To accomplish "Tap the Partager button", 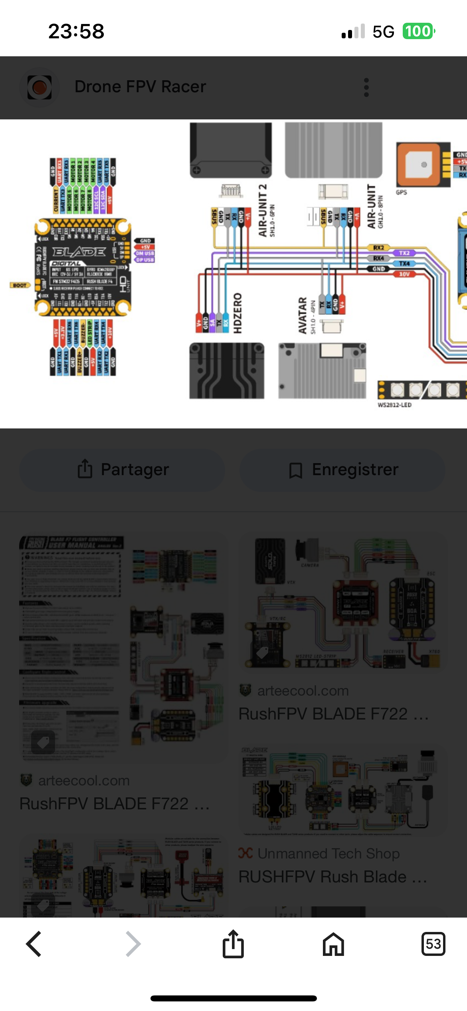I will (x=123, y=470).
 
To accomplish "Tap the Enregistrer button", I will (x=342, y=470).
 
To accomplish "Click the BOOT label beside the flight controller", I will (x=20, y=285).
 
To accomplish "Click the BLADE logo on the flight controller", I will (x=79, y=252).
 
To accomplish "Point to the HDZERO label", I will (x=237, y=313).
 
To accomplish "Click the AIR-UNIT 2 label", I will (x=262, y=210).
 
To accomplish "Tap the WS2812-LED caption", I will (x=394, y=405).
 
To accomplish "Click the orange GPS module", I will (x=418, y=165).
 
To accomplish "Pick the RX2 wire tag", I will (x=378, y=248).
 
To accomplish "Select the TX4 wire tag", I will (x=404, y=264).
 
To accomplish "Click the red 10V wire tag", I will (x=404, y=274).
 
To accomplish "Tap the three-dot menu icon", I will (x=366, y=87).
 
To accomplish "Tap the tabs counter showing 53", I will (x=433, y=944).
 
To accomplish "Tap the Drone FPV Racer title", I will (x=140, y=87).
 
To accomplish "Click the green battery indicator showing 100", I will (x=418, y=32).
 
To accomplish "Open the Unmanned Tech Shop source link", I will (x=328, y=853).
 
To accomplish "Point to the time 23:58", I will (x=76, y=32).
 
